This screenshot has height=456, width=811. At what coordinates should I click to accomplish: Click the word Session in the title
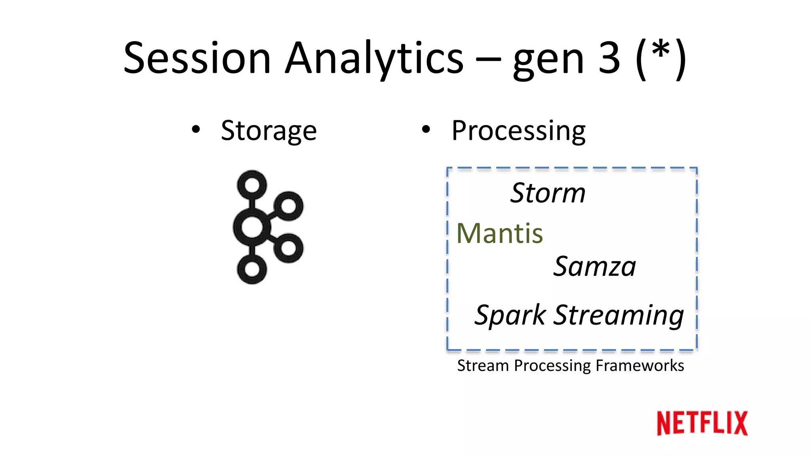pyautogui.click(x=197, y=58)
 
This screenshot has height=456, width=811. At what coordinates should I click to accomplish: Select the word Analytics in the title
pyautogui.click(x=374, y=58)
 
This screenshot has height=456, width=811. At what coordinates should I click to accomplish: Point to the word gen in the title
pyautogui.click(x=548, y=61)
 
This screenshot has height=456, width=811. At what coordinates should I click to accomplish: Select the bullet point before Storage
pyautogui.click(x=196, y=129)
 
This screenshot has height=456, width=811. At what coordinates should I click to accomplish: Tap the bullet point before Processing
pyautogui.click(x=426, y=129)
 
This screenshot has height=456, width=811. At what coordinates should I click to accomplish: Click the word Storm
pyautogui.click(x=548, y=193)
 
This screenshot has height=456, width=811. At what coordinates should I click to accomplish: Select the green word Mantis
pyautogui.click(x=499, y=233)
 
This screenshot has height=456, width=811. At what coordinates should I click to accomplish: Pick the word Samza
pyautogui.click(x=594, y=266)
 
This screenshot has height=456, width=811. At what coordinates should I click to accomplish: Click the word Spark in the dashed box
pyautogui.click(x=510, y=315)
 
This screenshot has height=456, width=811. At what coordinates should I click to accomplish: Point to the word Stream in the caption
pyautogui.click(x=483, y=365)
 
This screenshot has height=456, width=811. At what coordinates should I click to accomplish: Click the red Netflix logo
pyautogui.click(x=702, y=423)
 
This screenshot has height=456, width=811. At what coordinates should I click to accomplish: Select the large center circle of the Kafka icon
pyautogui.click(x=252, y=227)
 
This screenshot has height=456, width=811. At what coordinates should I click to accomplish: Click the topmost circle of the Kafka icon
pyautogui.click(x=252, y=185)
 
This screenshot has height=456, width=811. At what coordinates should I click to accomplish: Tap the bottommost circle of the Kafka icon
pyautogui.click(x=252, y=269)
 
